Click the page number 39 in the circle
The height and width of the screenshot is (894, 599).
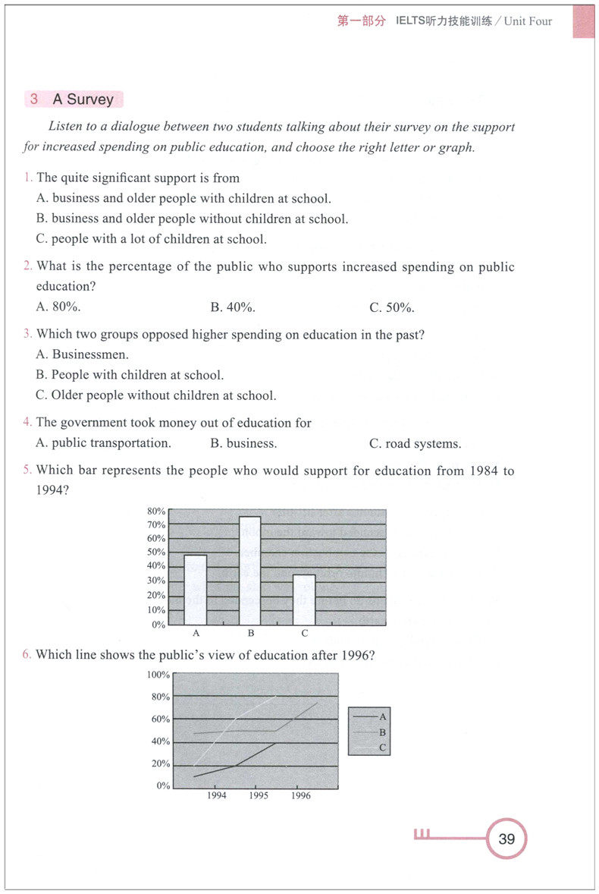[x=506, y=839]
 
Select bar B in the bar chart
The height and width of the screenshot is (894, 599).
[x=250, y=570]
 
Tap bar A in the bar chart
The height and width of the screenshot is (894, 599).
[x=196, y=590]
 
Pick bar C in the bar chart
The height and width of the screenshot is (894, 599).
[x=305, y=600]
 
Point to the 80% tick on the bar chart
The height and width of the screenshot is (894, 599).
[x=156, y=511]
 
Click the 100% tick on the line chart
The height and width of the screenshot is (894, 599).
[x=158, y=675]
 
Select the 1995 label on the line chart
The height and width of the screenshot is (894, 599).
[x=259, y=796]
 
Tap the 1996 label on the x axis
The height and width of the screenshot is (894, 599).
[x=300, y=796]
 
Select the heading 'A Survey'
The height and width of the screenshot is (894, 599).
[x=83, y=99]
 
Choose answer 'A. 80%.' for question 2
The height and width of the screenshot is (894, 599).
[x=58, y=307]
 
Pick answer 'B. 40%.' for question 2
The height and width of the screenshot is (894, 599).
[x=233, y=307]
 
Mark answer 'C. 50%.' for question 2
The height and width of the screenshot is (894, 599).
[x=392, y=307]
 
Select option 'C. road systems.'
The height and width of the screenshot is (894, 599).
[x=415, y=444]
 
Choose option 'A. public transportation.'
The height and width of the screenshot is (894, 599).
[x=104, y=443]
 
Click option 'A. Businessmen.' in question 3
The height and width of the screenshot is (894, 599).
[x=83, y=354]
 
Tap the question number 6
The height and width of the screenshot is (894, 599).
[x=27, y=654]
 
